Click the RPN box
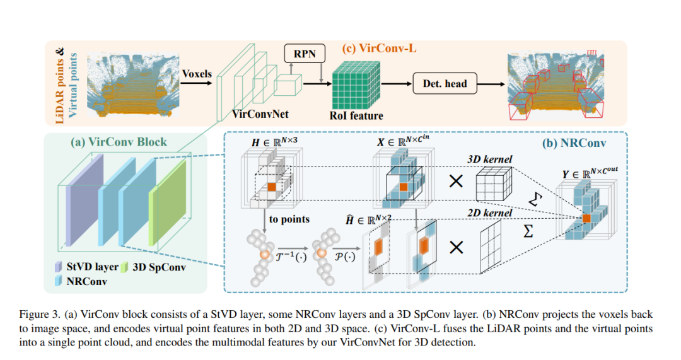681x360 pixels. pos(305,54)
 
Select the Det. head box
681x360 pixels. pos(445,83)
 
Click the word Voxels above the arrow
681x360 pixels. pos(197,74)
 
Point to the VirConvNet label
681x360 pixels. pos(260,113)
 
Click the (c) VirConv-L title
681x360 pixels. pos(379,48)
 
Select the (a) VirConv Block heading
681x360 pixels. pos(119,142)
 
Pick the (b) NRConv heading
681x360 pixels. pos(574,143)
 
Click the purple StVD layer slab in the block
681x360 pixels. pos(84,200)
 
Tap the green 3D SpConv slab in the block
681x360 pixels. pos(167,202)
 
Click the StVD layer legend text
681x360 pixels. pos(92,267)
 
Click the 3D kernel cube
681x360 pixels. pos(494,183)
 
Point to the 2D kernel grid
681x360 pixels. pos(491,247)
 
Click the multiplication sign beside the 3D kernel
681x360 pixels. pos(456,181)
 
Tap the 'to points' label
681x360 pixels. pos(289,219)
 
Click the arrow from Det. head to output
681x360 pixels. pos(491,84)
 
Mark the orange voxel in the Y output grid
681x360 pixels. pos(586,218)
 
